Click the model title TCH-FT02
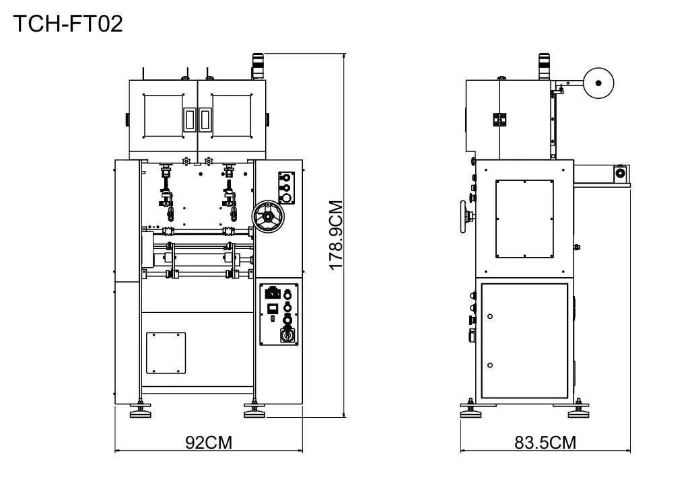coord(68,25)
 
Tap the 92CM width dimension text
coord(209,442)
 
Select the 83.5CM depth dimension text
coord(545,442)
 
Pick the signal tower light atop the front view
coord(258,66)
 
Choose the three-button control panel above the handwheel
coord(285,187)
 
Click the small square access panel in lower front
coord(166,353)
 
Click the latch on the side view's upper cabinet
coord(499,119)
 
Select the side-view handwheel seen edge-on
coord(463,215)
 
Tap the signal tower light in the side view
coord(544,66)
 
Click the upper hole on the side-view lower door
coord(490,316)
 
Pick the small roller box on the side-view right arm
coord(619,174)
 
